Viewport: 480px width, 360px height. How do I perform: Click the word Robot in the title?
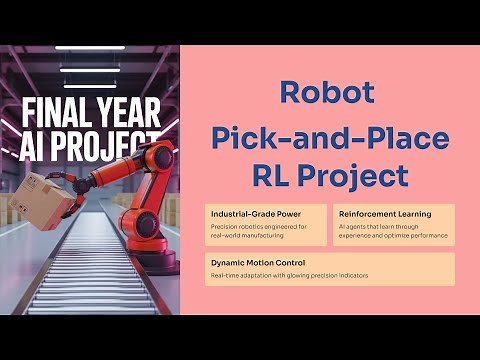pyautogui.click(x=328, y=94)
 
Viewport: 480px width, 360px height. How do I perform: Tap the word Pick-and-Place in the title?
pyautogui.click(x=329, y=136)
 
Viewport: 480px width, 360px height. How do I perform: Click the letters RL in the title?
pyautogui.click(x=269, y=176)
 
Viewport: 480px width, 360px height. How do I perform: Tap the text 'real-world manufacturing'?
pyautogui.click(x=246, y=237)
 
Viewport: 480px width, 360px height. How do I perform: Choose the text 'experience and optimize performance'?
pyautogui.click(x=393, y=237)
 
